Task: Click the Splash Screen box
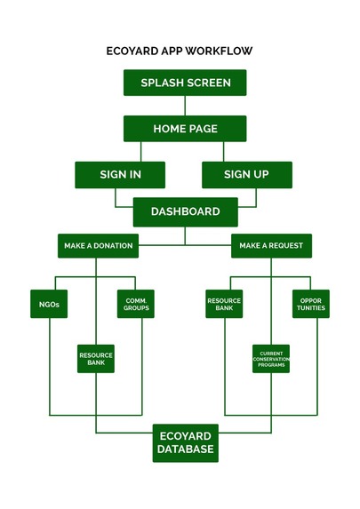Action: [x=185, y=83]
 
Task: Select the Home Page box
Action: [x=185, y=129]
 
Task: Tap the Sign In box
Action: [x=120, y=175]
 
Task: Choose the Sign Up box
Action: [x=247, y=175]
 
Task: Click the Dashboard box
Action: [x=186, y=212]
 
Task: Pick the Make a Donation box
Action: [x=98, y=246]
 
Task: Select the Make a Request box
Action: [x=272, y=246]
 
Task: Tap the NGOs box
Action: [x=49, y=304]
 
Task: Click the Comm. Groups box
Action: [x=136, y=304]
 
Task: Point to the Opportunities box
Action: [x=311, y=304]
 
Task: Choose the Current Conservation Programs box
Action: [x=271, y=359]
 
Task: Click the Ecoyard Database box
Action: [x=186, y=443]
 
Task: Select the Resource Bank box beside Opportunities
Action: [x=224, y=304]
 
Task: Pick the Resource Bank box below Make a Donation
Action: [x=96, y=359]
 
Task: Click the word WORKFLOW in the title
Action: [x=219, y=51]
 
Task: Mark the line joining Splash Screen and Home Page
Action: [x=185, y=106]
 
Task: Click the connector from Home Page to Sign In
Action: [x=141, y=152]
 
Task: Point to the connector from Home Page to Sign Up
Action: [x=223, y=152]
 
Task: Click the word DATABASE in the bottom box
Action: [x=186, y=449]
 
